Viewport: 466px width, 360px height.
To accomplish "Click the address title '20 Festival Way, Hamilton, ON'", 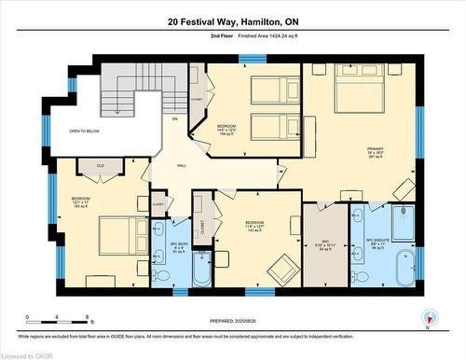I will (x=233, y=21).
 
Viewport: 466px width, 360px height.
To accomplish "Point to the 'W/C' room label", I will (x=323, y=244).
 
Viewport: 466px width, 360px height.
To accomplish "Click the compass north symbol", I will (x=429, y=315).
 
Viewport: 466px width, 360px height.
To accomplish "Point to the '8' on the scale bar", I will (x=87, y=318).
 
